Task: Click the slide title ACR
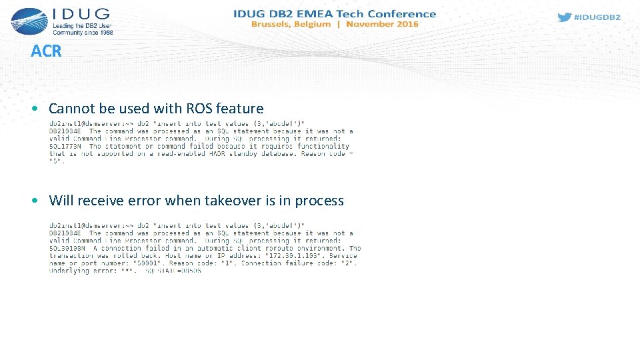tap(46, 51)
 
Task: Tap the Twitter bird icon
tap(564, 17)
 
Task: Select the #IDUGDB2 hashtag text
tap(597, 17)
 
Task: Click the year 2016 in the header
tap(405, 24)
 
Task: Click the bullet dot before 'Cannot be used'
tap(41, 109)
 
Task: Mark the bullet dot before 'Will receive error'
tap(41, 201)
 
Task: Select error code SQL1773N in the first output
tap(65, 146)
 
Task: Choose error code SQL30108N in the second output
tap(66, 248)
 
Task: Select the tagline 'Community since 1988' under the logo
tap(83, 31)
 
